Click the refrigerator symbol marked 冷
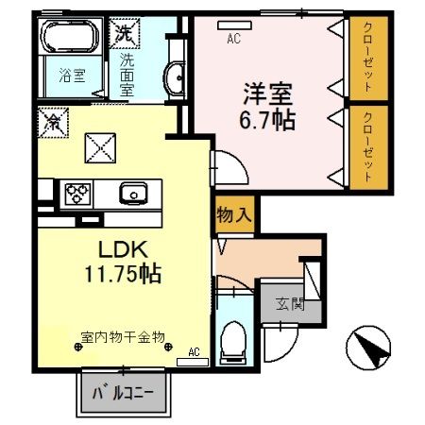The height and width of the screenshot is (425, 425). coord(55,121)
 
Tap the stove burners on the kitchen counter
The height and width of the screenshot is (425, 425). coord(76,195)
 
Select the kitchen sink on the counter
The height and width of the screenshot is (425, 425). coord(133,195)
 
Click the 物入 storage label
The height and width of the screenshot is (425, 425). coord(233,213)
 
